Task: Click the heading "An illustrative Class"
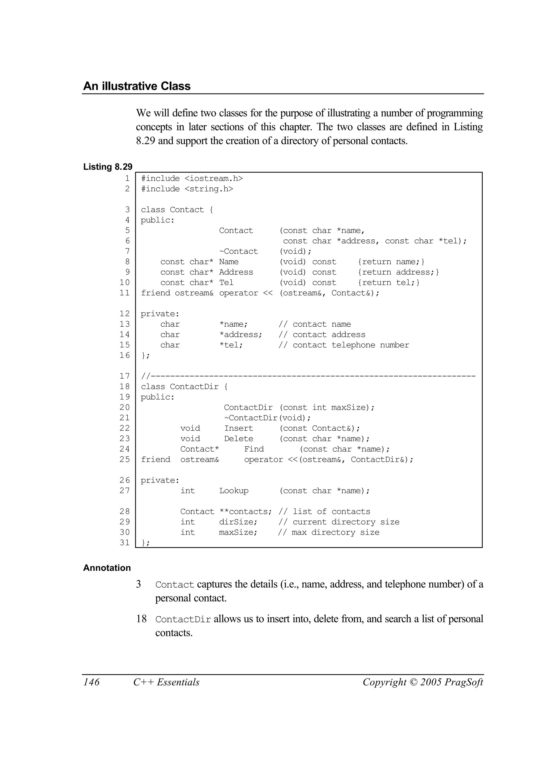pos(137,86)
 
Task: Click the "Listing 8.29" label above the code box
pos(108,167)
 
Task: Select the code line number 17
pos(125,376)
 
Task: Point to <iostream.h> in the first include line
pos(214,179)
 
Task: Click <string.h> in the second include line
pos(209,189)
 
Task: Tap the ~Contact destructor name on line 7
pos(239,251)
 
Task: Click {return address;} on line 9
pos(398,272)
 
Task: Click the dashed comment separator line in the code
pos(309,376)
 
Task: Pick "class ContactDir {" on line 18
pos(184,386)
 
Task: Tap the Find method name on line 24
pos(254,449)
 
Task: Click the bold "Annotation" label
pos(107,568)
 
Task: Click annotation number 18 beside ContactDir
pos(142,619)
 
